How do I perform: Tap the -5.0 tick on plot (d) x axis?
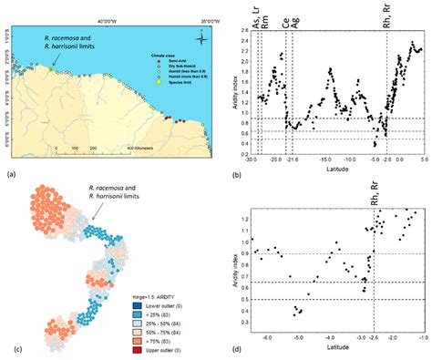(297, 336)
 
